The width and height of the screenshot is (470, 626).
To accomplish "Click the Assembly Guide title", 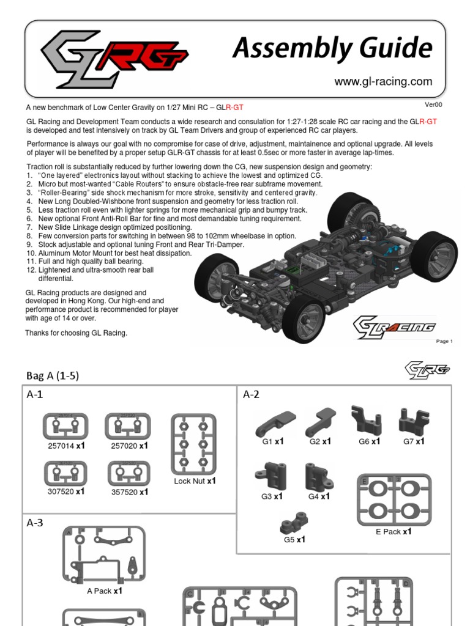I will (x=332, y=48).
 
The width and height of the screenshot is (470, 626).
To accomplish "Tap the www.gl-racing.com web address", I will (x=383, y=81).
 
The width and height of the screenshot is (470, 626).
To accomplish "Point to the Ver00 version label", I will (x=433, y=105).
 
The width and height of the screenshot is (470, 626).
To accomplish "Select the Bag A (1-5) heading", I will (x=53, y=375).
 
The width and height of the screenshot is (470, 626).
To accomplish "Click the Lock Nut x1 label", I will (x=195, y=481).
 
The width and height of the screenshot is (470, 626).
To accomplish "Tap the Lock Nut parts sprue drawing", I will (x=193, y=443).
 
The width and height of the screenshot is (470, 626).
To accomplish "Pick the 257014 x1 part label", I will (x=66, y=446).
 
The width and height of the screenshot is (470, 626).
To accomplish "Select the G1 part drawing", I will (x=275, y=422).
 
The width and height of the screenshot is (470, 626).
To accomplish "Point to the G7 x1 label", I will (x=414, y=441).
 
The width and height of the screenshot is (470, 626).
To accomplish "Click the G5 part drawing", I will (x=294, y=523).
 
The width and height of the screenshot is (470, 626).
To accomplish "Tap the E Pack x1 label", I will (x=394, y=532).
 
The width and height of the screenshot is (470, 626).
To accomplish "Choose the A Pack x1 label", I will (x=105, y=591).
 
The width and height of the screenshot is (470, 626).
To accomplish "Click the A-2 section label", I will (x=251, y=394).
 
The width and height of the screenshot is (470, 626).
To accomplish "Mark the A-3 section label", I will (x=35, y=523).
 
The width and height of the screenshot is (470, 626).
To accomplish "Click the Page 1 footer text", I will (x=444, y=341).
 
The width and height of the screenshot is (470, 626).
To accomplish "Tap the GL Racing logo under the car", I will (x=395, y=326).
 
